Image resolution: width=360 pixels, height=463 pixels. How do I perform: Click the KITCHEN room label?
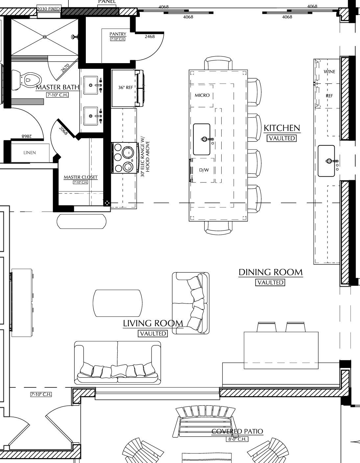pos(282,128)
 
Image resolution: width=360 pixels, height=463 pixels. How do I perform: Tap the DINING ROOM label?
pos(270,272)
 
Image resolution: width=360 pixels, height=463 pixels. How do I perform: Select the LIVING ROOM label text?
pos(153,323)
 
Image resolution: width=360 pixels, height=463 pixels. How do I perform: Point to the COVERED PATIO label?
pos(237,431)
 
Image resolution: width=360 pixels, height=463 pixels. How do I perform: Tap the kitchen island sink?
pos(202,139)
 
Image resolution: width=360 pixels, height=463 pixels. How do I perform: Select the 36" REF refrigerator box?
pos(125,88)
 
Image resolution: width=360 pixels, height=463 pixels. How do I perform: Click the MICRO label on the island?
pos(202,95)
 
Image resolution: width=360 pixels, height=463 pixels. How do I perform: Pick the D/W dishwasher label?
pos(204,170)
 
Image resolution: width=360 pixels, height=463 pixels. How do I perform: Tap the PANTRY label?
pos(118,34)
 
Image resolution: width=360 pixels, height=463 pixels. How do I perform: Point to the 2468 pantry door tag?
pos(150,37)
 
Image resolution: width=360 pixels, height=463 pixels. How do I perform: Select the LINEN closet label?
pos(30,153)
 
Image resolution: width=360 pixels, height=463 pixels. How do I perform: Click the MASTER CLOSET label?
pos(81,177)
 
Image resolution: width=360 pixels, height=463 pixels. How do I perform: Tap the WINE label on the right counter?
pos(329,72)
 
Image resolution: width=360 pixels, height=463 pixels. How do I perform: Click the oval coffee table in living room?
pos(118,303)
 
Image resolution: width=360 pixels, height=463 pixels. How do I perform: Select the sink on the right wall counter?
pos(326,161)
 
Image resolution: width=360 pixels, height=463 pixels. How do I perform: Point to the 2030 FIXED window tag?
pos(49,9)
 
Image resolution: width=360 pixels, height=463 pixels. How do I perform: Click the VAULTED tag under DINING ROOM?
pos(270,282)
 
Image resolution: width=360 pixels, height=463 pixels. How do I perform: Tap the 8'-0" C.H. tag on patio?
pos(237,439)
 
